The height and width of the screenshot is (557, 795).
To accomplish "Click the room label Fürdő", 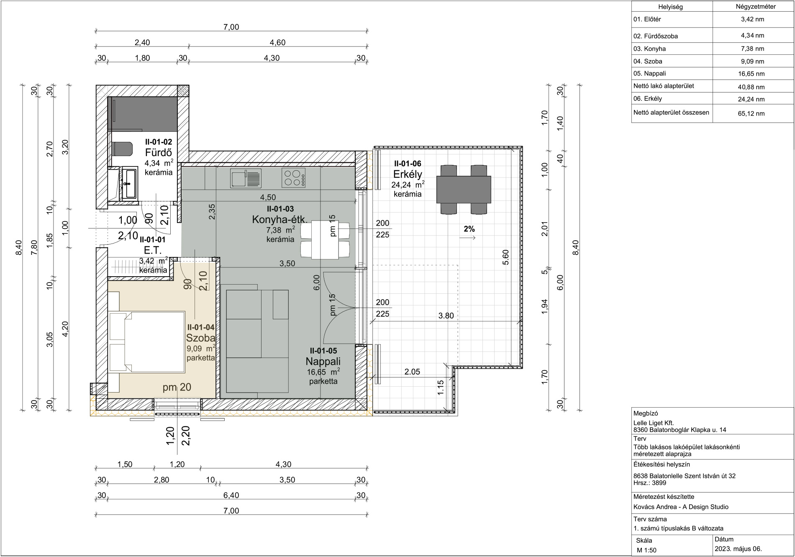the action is [158, 152].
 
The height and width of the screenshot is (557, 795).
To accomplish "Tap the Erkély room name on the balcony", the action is [408, 174].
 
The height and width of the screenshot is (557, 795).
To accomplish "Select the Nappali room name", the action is [323, 361].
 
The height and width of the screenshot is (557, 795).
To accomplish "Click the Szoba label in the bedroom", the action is [201, 338].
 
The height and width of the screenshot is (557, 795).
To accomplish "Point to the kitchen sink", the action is [246, 178].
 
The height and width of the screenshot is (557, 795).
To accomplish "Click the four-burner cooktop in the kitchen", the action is [293, 177].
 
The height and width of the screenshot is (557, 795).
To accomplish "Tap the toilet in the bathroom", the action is [122, 149].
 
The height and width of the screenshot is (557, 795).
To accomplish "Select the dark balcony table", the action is [464, 190].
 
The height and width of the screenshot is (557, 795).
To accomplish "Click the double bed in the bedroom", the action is [146, 342].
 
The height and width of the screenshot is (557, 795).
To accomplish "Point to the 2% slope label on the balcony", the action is [469, 229].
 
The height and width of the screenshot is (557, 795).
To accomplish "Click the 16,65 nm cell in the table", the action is [751, 74].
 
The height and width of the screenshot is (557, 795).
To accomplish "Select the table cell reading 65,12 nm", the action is [751, 113].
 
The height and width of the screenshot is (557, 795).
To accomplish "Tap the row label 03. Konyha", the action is [649, 49].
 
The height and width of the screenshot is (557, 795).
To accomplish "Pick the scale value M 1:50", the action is [646, 550].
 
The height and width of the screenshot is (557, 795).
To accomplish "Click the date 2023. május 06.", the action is [738, 549].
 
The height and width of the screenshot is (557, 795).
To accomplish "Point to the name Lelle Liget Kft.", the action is [654, 423].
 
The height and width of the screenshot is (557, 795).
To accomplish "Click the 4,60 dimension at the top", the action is [277, 43].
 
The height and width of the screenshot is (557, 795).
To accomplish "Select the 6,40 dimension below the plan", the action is [231, 495].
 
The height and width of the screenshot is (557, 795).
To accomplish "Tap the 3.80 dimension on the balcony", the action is [446, 316].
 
